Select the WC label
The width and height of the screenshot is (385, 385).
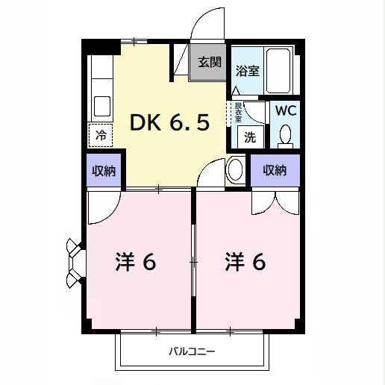(284, 110)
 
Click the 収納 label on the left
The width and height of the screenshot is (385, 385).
(104, 172)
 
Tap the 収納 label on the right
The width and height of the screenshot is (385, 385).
(274, 170)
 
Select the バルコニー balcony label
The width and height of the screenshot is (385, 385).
(191, 351)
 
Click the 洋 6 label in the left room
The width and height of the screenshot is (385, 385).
(135, 263)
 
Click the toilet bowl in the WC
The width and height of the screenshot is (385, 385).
(284, 134)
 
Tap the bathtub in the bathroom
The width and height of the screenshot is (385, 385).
(281, 71)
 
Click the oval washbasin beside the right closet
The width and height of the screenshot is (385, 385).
(234, 170)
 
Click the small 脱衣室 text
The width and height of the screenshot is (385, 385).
(238, 112)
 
